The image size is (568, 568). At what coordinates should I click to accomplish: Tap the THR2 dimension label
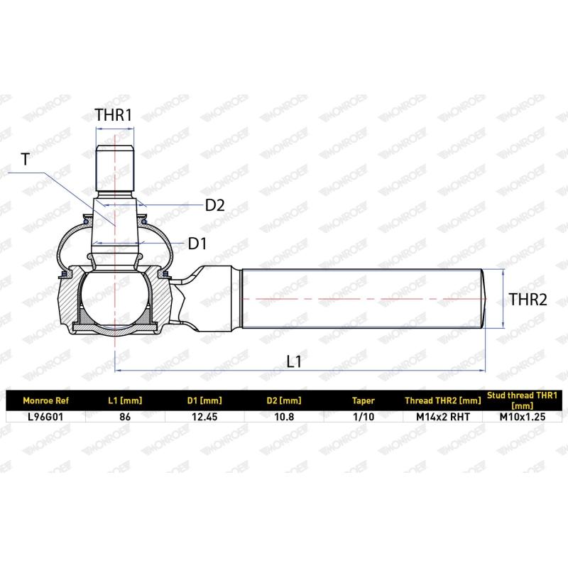point(528,300)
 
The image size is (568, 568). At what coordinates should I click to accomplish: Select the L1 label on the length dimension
point(294,361)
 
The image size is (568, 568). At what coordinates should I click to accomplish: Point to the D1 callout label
point(197,244)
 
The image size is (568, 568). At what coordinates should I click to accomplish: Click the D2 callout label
point(214,206)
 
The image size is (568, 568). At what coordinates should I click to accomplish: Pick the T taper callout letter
point(25,159)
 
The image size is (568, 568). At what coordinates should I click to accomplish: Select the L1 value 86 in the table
point(124,417)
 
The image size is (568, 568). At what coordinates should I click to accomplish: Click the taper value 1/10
point(364,417)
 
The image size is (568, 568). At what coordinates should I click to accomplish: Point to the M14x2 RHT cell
point(444,417)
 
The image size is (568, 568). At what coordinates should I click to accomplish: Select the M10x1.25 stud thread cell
point(524,417)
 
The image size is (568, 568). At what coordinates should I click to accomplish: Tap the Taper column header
point(364,400)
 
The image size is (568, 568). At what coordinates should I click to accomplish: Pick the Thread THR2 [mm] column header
point(444,400)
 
